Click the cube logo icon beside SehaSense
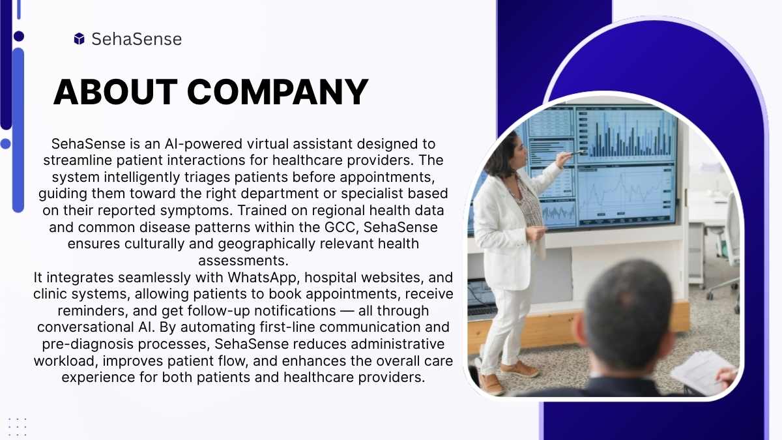[80, 38]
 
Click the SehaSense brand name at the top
[136, 38]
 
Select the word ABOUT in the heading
[115, 92]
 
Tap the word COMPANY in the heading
[278, 92]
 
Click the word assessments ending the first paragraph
[243, 261]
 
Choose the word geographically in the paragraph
[267, 244]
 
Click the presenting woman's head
[506, 154]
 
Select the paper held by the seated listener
[702, 373]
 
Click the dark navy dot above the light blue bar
[19, 36]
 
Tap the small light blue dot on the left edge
[6, 143]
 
